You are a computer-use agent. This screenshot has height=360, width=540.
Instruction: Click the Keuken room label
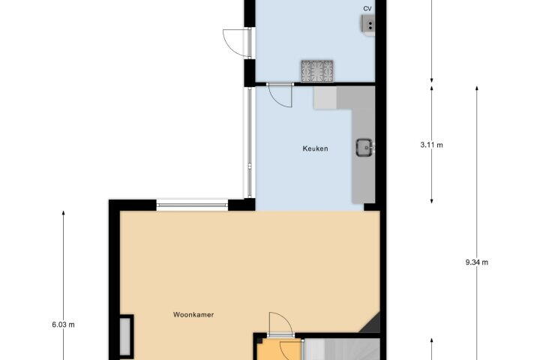point(315,148)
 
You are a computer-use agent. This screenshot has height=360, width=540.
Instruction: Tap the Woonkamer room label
point(193,314)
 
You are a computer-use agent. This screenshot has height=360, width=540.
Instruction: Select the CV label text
point(367,8)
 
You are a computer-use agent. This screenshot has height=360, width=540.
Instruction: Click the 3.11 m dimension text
point(431,145)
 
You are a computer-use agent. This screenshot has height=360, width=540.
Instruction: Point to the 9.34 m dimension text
point(477,262)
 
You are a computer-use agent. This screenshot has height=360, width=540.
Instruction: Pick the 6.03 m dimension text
point(63,325)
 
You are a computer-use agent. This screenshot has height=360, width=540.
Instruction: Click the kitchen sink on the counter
point(364,148)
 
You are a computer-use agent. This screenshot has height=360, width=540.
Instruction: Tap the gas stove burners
point(317,71)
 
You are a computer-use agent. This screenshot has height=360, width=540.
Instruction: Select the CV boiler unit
point(367,25)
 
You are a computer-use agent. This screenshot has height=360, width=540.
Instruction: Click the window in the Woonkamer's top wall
point(192,205)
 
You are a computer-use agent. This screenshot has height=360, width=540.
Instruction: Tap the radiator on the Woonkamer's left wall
point(125,336)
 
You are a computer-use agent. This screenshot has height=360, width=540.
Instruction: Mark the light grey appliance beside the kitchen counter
point(325,97)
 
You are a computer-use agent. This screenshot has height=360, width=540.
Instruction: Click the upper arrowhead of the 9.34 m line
point(477,88)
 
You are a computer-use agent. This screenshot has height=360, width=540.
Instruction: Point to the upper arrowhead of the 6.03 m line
point(63,213)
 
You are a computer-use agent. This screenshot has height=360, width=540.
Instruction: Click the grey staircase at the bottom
point(341,349)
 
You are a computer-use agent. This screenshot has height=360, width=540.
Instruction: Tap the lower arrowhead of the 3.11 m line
point(431,200)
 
